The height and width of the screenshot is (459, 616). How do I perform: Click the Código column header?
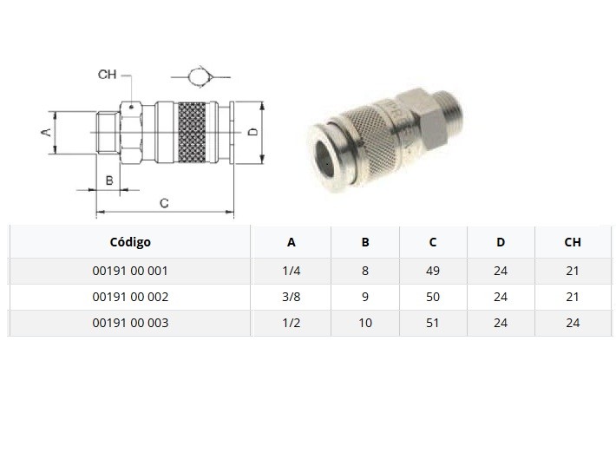[130, 242]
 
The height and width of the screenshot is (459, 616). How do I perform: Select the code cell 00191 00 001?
[130, 271]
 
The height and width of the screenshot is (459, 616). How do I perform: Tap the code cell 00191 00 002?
[130, 297]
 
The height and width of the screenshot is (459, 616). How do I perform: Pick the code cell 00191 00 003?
[130, 323]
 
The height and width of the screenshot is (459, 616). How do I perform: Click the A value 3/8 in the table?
[292, 297]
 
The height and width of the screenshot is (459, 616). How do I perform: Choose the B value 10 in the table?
[365, 323]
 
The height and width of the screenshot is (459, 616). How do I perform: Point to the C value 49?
[433, 271]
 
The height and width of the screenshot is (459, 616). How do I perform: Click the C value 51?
[433, 323]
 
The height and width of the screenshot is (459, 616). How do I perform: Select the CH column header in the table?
[573, 242]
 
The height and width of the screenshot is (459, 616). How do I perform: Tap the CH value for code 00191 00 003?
[573, 323]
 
